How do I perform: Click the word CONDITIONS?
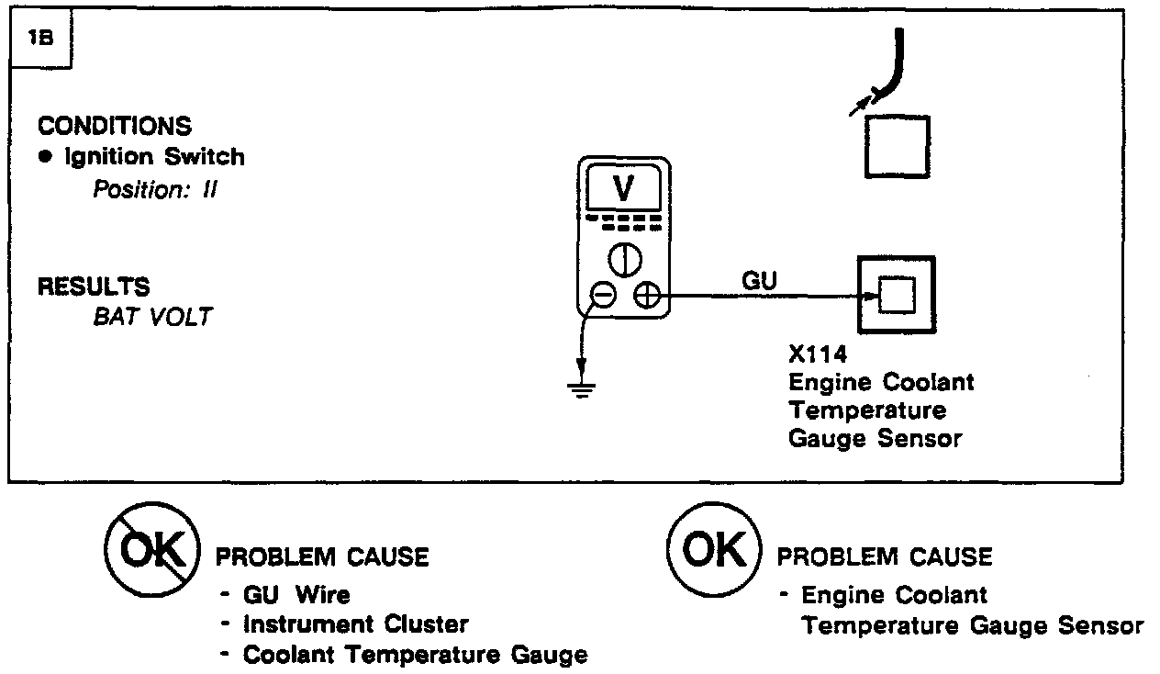pos(115,126)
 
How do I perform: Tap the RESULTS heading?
pos(93,286)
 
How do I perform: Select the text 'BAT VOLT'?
pos(152,317)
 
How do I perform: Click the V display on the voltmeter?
pos(623,188)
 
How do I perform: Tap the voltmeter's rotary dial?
pos(624,261)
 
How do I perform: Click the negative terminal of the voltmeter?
pos(602,295)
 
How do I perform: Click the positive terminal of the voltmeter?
pos(646,295)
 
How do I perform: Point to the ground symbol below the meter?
pos(580,388)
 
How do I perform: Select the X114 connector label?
pos(818,353)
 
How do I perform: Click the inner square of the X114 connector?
pos(896,295)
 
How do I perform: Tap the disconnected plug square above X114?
pos(896,145)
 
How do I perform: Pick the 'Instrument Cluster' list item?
pos(355,624)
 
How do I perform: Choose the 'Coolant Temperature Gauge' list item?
pos(415,655)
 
